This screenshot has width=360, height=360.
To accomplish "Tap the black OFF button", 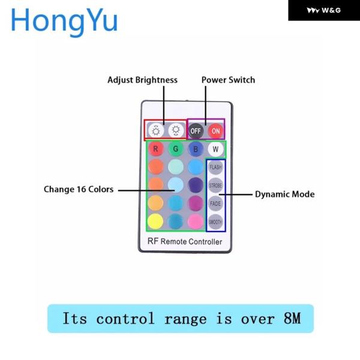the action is tap(196, 131).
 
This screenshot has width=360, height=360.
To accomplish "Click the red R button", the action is tap(155, 149).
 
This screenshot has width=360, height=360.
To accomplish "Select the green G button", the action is tap(176, 149).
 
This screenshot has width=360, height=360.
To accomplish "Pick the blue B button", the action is tap(196, 149).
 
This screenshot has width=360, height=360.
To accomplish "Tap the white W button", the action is tap(215, 149).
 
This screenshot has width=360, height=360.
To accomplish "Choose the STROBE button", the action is tap(215, 185).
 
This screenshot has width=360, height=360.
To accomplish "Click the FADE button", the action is tap(215, 203).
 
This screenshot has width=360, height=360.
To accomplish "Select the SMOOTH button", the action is tap(215, 222).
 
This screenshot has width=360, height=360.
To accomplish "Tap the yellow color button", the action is tap(155, 221).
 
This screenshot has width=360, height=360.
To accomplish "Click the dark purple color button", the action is tap(196, 185).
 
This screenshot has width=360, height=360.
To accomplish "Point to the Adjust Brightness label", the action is tap(142, 80).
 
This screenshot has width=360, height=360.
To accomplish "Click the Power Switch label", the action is tap(228, 80).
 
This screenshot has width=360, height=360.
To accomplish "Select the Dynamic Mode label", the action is tap(284, 194).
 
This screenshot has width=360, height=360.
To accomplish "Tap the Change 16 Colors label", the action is tap(79, 189).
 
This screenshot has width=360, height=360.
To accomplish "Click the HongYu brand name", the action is tap(64, 21).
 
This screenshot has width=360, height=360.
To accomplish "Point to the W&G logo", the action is tap(324, 10).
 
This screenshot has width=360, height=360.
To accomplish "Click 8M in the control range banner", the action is tap(292, 318).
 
